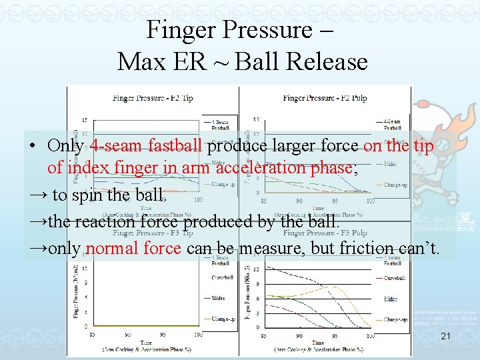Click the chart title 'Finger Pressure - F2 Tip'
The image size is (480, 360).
point(153,98)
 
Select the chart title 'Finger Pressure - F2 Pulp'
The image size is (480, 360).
point(323,98)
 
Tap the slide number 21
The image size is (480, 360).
point(447,338)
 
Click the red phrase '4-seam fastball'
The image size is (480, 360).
point(146,146)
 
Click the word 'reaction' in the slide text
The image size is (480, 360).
point(99,221)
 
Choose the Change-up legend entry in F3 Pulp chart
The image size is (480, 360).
point(396,320)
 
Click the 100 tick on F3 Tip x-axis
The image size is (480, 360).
point(198,334)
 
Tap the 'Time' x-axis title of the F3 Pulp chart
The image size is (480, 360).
point(318,342)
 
